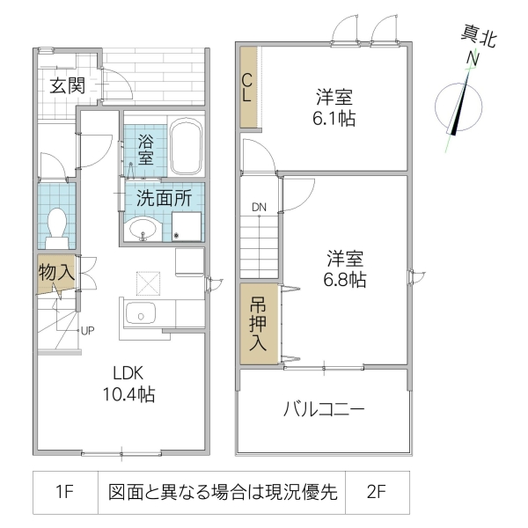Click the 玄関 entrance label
coord(66,85)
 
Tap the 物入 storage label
coord(55,273)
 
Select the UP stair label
coord(87,331)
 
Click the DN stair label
coord(259,208)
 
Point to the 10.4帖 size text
coord(125,395)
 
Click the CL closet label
coord(248,86)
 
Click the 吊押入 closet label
coord(258,324)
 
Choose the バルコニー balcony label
coord(324,410)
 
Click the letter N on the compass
coord(473,58)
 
